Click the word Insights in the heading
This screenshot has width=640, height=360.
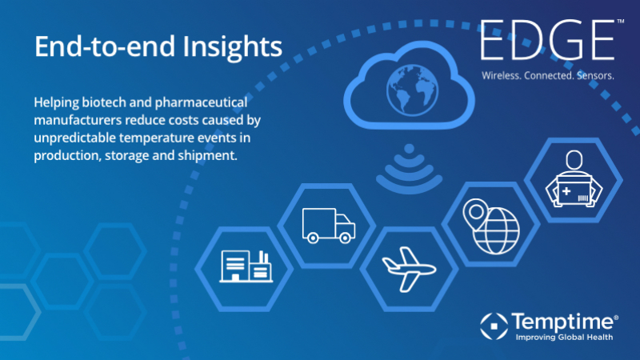pyautogui.click(x=232, y=47)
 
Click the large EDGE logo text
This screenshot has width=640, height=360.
pyautogui.click(x=547, y=40)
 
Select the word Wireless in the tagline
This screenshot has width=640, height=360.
pyautogui.click(x=501, y=75)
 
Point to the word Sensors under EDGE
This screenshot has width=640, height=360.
pyautogui.click(x=595, y=75)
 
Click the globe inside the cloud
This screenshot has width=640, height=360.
pyautogui.click(x=412, y=90)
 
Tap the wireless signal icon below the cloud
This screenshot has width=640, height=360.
pyautogui.click(x=409, y=168)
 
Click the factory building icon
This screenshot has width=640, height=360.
pyautogui.click(x=246, y=266)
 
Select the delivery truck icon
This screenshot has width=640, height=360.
pyautogui.click(x=329, y=226)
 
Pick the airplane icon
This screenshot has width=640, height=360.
pyautogui.click(x=409, y=270)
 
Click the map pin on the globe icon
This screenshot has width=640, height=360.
pyautogui.click(x=475, y=214)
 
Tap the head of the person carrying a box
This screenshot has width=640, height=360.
pyautogui.click(x=574, y=159)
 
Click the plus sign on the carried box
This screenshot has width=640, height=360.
pyautogui.click(x=566, y=191)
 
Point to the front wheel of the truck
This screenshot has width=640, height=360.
pyautogui.click(x=346, y=238)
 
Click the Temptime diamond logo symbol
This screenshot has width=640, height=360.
pyautogui.click(x=494, y=326)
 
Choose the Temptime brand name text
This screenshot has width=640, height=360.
pyautogui.click(x=563, y=322)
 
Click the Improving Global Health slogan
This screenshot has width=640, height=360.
pyautogui.click(x=564, y=337)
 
